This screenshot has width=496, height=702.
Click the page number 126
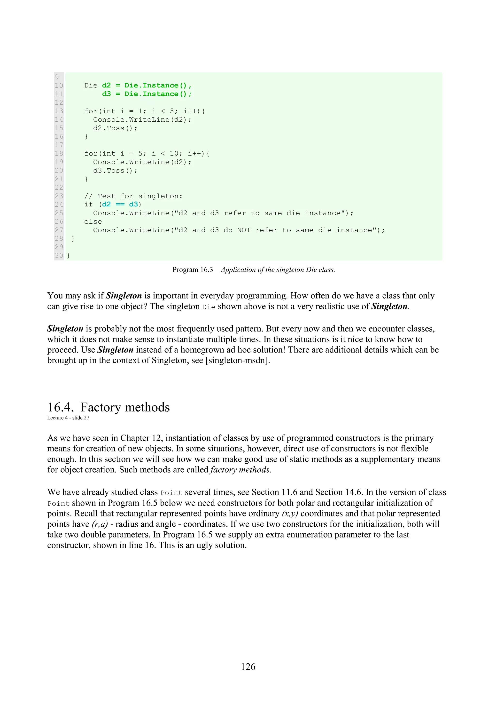pyautogui.click(x=248, y=667)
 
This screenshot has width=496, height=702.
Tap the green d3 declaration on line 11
pyautogui.click(x=106, y=94)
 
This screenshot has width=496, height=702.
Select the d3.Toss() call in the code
pyautogui.click(x=115, y=171)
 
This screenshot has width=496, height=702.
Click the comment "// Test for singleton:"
pyautogui.click(x=133, y=196)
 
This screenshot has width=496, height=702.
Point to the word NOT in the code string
pyautogui.click(x=244, y=230)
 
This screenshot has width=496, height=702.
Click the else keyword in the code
pyautogui.click(x=93, y=222)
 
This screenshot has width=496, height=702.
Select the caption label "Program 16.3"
pyautogui.click(x=193, y=270)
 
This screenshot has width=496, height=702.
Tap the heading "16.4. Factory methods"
pyautogui.click(x=108, y=407)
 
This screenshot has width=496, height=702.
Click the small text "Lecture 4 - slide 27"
pyautogui.click(x=68, y=418)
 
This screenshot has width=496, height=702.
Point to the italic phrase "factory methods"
pyautogui.click(x=240, y=470)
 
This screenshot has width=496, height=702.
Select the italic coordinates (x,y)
pyautogui.click(x=290, y=513)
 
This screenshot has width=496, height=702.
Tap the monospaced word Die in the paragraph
pyautogui.click(x=209, y=307)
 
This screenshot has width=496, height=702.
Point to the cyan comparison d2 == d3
pyautogui.click(x=120, y=204)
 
